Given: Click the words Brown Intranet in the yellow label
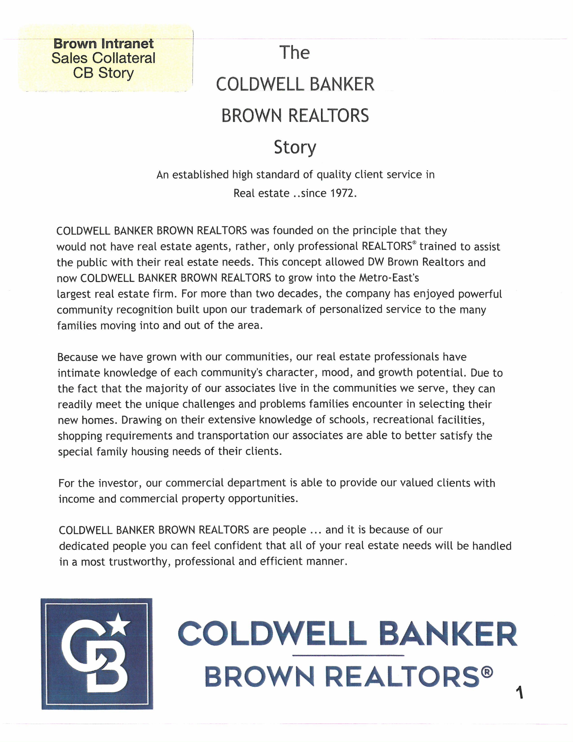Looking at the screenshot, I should tap(104, 44).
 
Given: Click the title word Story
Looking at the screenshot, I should tap(295, 148).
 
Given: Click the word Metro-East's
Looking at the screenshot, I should tap(389, 278).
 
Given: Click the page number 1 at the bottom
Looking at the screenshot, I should tap(519, 693).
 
